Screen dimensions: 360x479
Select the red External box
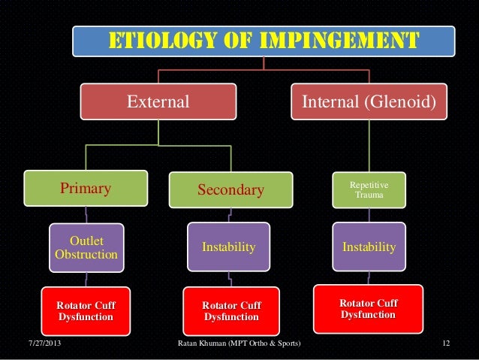tap(158, 101)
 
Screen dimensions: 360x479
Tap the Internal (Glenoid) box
tap(368, 101)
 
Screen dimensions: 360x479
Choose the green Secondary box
tap(230, 190)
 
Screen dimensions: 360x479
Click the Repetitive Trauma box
tap(369, 189)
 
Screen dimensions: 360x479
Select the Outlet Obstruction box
tap(86, 247)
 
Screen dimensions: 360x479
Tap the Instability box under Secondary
tap(229, 247)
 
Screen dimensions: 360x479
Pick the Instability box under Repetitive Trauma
tap(369, 246)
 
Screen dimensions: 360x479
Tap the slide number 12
tap(446, 344)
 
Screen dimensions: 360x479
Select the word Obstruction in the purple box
tap(86, 255)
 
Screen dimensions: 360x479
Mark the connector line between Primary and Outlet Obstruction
tap(86, 215)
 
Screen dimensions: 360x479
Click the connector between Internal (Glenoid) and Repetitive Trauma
tap(369, 147)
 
